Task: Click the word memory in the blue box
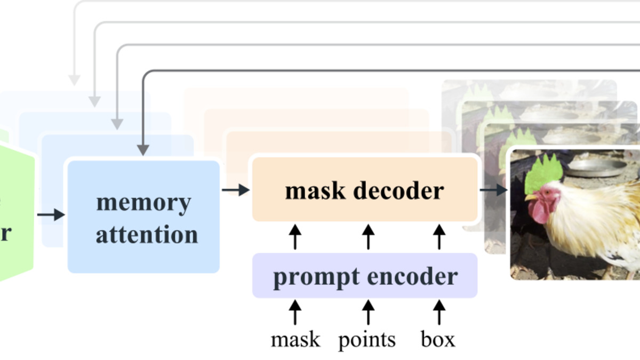pos(143,203)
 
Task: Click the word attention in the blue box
pos(147,235)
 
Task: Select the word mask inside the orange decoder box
pos(314,190)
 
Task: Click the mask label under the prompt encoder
pos(295,339)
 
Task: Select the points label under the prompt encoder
pos(367,340)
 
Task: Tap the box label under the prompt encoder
pos(438,339)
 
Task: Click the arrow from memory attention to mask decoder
pos(236,189)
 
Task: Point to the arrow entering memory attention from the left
pos(51,215)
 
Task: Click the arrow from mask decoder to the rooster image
pos(494,189)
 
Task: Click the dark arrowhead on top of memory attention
pos(142,149)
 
